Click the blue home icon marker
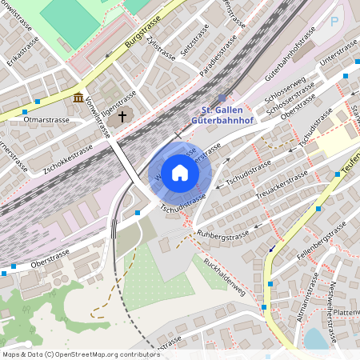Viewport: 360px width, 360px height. click(180, 172)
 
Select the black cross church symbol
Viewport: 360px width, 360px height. click(122, 117)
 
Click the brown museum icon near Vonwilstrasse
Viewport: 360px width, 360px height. click(78, 98)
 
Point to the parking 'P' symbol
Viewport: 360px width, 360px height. click(334, 21)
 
